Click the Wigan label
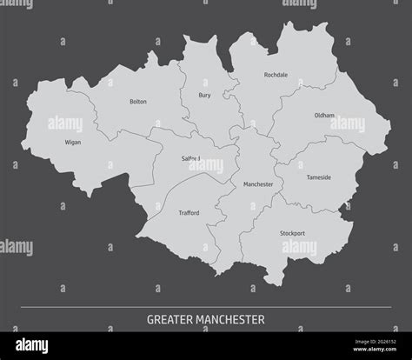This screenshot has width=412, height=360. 73,142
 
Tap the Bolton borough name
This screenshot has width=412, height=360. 137,102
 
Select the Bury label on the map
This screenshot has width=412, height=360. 204,95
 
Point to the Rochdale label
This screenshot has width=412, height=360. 276,75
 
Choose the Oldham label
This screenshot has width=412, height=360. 324,115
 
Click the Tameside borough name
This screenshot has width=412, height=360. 318,177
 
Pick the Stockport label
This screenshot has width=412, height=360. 292,233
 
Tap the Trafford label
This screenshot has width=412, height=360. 189,213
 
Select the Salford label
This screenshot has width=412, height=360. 190,158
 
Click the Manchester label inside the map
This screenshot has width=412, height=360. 258,184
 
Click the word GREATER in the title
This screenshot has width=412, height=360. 172,319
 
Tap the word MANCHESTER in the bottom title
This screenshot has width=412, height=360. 232,319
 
